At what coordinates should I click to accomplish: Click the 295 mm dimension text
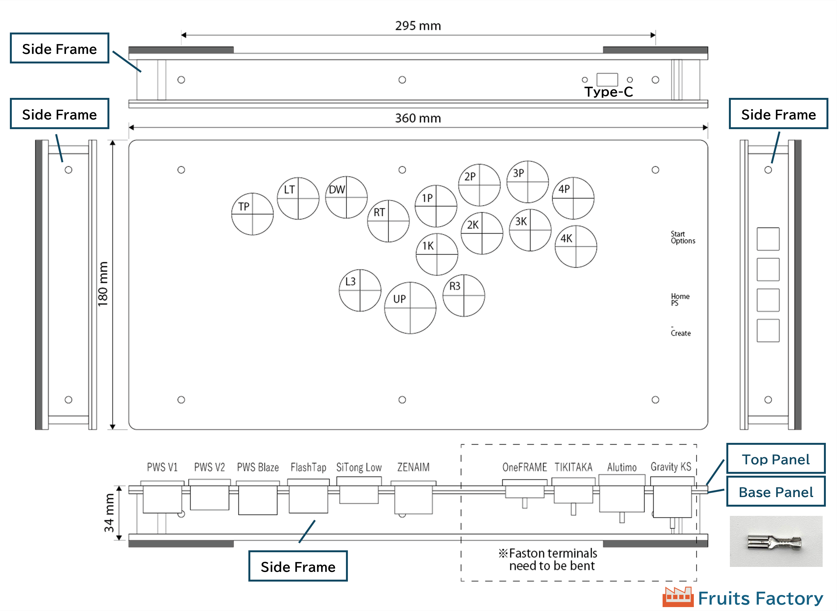[x=418, y=26]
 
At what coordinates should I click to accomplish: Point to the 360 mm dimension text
[x=418, y=118]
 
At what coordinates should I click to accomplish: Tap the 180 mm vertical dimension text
[x=103, y=284]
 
